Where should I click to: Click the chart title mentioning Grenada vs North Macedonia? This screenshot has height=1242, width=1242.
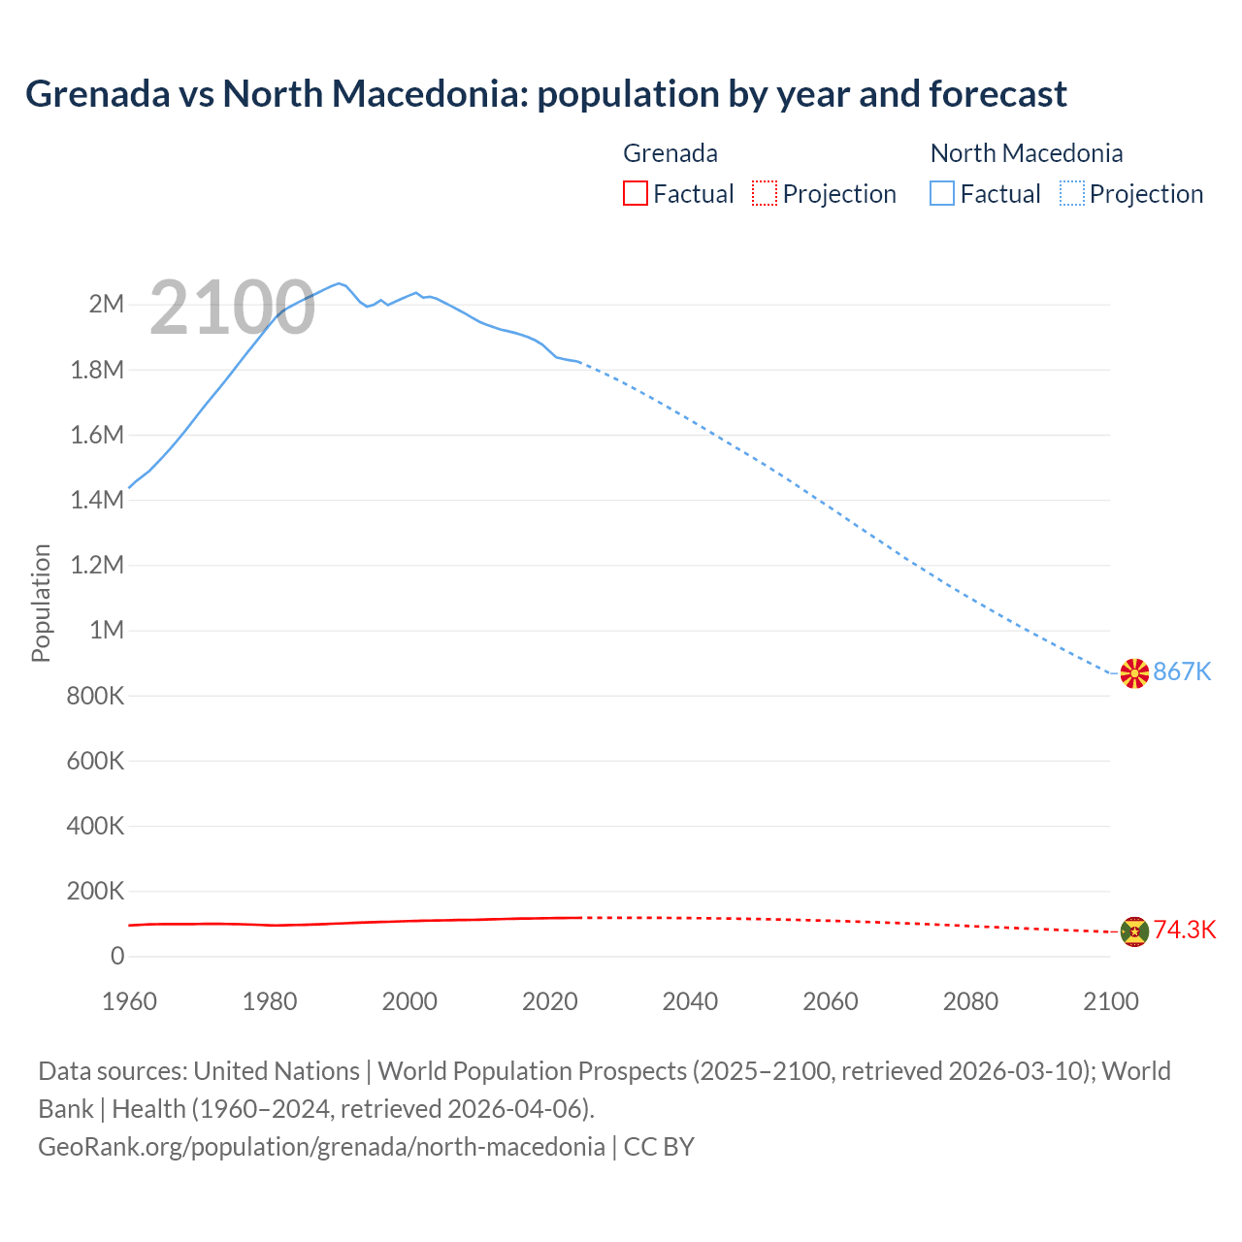tap(545, 94)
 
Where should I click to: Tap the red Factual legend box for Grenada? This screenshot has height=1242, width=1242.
tap(635, 193)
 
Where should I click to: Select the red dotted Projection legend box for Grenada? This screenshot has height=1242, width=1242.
tap(765, 193)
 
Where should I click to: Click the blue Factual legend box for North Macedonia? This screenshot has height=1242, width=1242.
tap(942, 193)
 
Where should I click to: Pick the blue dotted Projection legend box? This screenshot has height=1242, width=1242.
tap(1072, 193)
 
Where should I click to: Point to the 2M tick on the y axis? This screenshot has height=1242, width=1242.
tap(107, 304)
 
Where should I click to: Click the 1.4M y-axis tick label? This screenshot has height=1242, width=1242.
tap(97, 500)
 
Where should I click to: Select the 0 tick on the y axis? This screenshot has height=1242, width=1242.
tap(117, 956)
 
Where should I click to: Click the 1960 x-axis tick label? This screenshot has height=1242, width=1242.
tap(129, 1001)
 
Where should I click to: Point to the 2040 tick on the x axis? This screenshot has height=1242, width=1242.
tap(690, 1001)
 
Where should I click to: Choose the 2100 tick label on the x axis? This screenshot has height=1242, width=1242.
tap(1110, 1001)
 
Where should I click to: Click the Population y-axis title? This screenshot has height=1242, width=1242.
tap(41, 603)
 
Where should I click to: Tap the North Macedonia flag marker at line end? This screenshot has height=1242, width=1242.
tap(1134, 672)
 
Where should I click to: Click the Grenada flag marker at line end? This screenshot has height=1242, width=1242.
tap(1134, 931)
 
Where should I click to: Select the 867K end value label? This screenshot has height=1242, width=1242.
tap(1182, 671)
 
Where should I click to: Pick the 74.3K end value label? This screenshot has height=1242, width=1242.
tap(1185, 930)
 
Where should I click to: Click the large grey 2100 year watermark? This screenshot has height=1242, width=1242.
tap(232, 308)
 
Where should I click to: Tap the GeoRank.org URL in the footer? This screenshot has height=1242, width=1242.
tap(321, 1146)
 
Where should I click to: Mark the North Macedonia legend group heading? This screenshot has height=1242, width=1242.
tap(1026, 153)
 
